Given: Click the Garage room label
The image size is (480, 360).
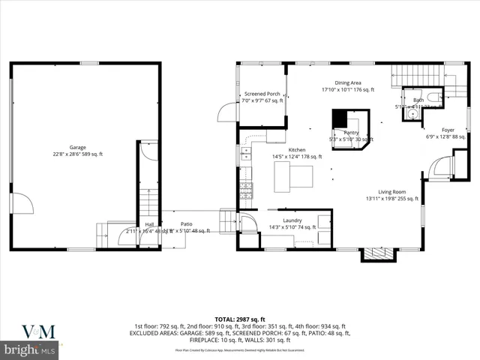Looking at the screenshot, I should pos(78,148).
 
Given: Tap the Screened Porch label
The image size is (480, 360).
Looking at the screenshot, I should pos(262,94).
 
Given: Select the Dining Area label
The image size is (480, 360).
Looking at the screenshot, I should pos(347,83).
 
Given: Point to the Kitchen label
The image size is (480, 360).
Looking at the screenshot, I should pos(275,150).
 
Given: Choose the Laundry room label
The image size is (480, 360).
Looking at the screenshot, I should pos(292,220).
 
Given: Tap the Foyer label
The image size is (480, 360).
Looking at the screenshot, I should pos(447,130).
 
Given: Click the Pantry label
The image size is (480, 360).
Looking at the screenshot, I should pos(351,132).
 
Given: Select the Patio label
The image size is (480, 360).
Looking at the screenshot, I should pos(186,223).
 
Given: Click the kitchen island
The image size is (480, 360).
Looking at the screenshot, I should pos(293,177).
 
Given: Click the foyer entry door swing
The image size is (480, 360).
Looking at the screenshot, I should pos(443,166).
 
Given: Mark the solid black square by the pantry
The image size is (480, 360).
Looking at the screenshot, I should pos(341,118).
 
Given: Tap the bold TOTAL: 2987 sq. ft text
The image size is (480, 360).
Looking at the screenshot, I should pos(239,319).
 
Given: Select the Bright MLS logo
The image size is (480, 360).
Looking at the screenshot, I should pos(30,349).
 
